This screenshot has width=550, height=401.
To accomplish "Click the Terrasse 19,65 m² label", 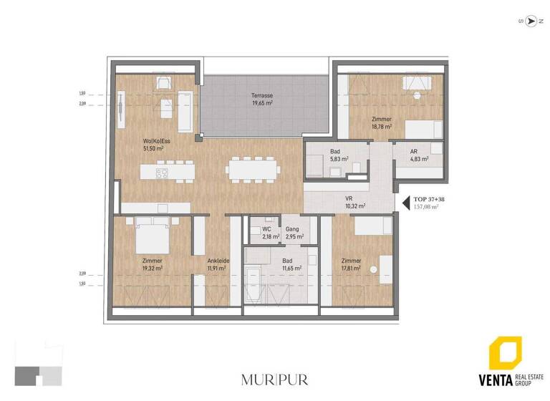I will tap(261, 100).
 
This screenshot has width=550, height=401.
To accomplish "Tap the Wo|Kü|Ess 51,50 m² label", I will tap(156, 145).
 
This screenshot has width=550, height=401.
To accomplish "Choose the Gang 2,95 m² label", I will tap(291, 232).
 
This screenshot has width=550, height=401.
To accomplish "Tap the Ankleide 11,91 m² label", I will tap(217, 264).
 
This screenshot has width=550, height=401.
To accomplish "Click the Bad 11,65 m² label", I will tap(287, 264).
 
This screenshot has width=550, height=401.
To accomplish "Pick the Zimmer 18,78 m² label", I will tap(381, 122).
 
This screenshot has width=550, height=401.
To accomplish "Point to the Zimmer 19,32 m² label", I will tap(152, 264).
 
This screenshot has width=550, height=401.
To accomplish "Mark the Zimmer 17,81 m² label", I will tap(351, 264).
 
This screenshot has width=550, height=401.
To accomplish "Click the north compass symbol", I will tap(531, 21).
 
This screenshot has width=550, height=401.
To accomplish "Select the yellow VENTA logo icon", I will tap(505, 354).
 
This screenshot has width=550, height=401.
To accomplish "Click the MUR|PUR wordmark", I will tap(275, 379).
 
